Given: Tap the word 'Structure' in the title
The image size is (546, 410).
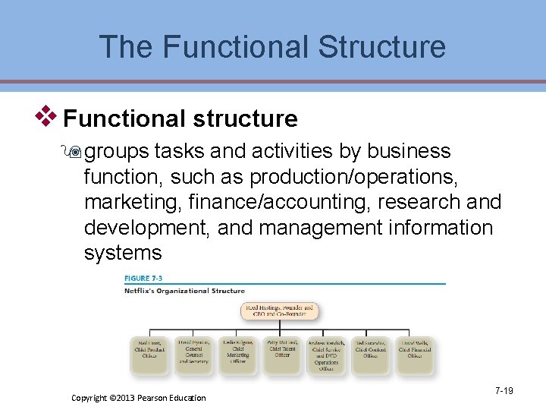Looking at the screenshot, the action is click(382, 46).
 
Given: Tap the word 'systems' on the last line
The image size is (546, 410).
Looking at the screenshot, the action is click(123, 252).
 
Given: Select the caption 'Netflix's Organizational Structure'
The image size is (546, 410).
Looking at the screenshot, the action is click(184, 291).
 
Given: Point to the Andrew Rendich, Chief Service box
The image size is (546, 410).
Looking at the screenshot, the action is click(326, 355).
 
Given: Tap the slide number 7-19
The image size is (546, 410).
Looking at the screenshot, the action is click(504, 391).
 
